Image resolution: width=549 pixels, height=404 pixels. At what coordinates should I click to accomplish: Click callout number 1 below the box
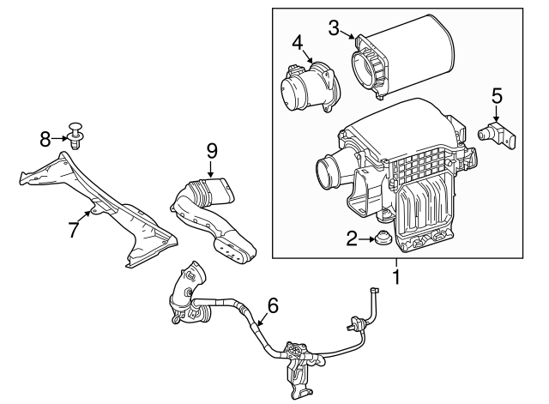point(395,277)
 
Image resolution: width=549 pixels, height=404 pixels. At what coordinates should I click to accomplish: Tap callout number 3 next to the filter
point(335,27)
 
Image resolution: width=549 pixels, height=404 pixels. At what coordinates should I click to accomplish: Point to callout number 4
point(298,42)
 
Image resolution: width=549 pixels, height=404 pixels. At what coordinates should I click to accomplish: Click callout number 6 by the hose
point(272,305)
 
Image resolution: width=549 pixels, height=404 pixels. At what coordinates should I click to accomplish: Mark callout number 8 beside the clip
point(47,136)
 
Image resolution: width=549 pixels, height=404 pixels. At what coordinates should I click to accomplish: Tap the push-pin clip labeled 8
point(79,136)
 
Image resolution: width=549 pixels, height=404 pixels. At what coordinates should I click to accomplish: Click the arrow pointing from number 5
point(497,113)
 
